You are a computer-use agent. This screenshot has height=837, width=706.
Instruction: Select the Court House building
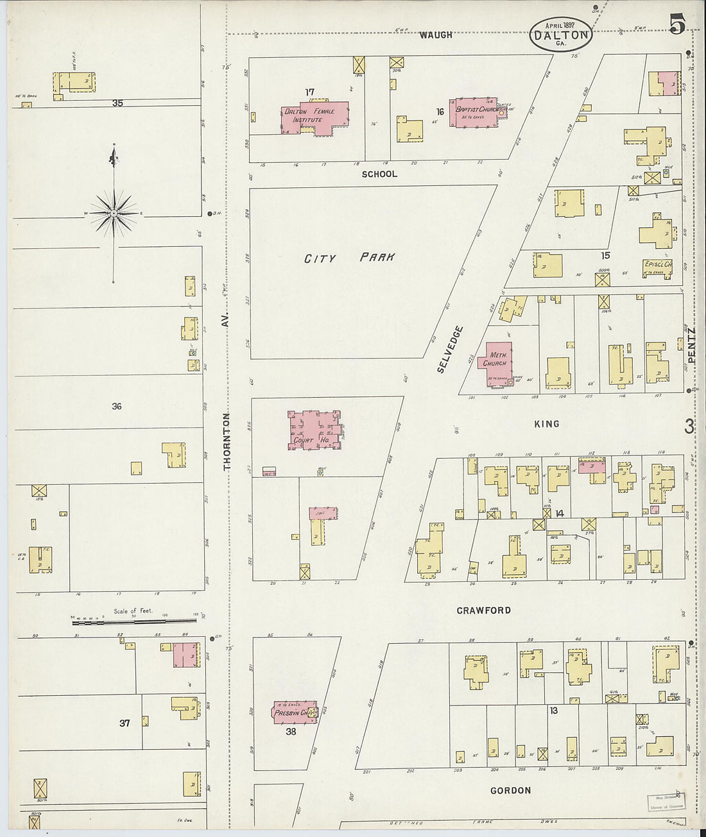click(x=313, y=430)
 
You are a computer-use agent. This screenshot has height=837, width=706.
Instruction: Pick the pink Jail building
click(x=323, y=513)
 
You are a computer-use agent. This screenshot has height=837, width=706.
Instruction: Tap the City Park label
click(x=349, y=258)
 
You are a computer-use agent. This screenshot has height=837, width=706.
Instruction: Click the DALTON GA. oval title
click(x=560, y=35)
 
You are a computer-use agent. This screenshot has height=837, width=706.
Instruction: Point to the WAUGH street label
click(x=436, y=35)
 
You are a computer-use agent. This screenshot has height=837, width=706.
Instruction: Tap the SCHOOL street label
click(x=379, y=174)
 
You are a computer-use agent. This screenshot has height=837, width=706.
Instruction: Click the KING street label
click(x=546, y=424)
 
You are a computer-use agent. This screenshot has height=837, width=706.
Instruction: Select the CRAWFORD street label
click(x=483, y=611)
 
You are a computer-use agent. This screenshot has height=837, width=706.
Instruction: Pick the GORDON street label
click(x=510, y=791)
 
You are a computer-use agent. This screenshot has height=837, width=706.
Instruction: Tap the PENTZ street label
click(x=691, y=346)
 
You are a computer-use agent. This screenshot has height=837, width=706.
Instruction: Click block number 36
click(x=116, y=406)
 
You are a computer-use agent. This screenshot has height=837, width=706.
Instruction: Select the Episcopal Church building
click(x=658, y=268)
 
